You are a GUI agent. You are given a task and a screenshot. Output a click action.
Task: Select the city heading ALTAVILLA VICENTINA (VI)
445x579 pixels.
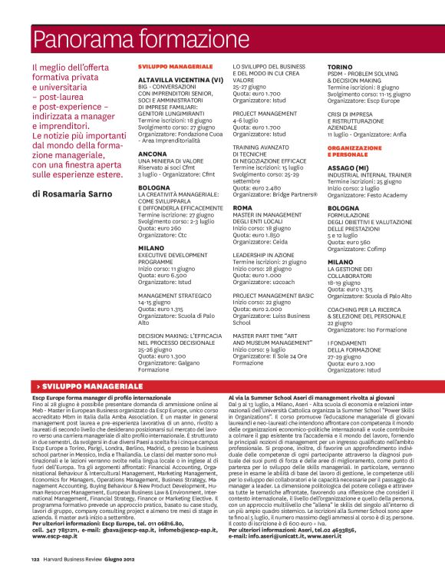click(x=180, y=80)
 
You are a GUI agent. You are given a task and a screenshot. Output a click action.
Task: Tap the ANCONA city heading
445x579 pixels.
click(x=152, y=154)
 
